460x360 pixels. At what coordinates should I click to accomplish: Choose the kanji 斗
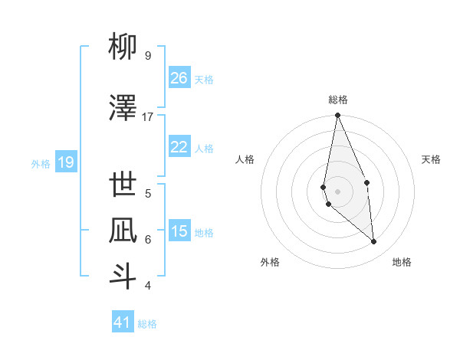pyautogui.click(x=123, y=276)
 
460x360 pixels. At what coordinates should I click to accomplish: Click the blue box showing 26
pyautogui.click(x=179, y=78)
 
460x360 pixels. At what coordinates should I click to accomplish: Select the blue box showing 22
pyautogui.click(x=179, y=147)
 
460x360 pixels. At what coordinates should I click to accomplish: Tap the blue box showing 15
pyautogui.click(x=179, y=231)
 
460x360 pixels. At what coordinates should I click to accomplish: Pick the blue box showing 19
pyautogui.click(x=66, y=162)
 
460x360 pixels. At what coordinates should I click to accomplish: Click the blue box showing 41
pyautogui.click(x=123, y=322)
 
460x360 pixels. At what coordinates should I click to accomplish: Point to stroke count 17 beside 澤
pyautogui.click(x=148, y=117)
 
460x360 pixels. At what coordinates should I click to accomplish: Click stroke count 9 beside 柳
pyautogui.click(x=148, y=56)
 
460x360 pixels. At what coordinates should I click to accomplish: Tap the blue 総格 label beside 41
pyautogui.click(x=147, y=324)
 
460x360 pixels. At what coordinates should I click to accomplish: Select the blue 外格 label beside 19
pyautogui.click(x=41, y=163)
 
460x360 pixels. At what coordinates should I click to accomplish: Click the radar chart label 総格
pyautogui.click(x=338, y=100)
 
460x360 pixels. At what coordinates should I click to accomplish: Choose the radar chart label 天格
pyautogui.click(x=432, y=159)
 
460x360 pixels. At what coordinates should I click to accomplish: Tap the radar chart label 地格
pyautogui.click(x=402, y=262)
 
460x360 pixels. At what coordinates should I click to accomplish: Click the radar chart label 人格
pyautogui.click(x=245, y=159)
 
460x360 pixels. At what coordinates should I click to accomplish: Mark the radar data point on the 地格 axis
pyautogui.click(x=373, y=241)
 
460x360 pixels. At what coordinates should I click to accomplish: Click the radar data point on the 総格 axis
pyautogui.click(x=337, y=116)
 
